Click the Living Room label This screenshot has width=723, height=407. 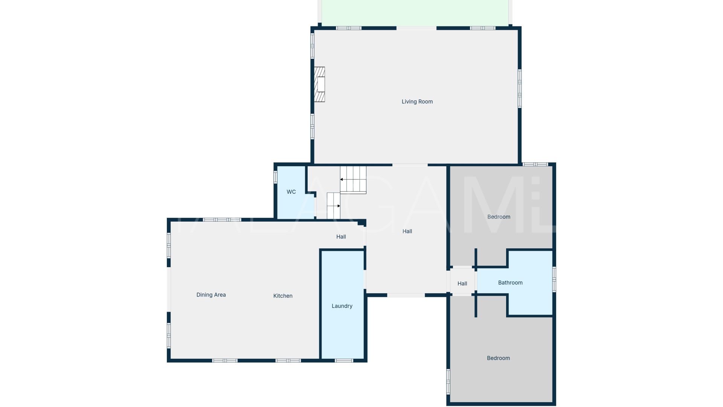tap(417, 102)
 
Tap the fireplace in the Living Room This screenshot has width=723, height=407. tap(319, 84)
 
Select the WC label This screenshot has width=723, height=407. tap(291, 192)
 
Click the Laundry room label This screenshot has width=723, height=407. tap(342, 306)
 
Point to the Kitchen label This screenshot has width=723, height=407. tap(283, 296)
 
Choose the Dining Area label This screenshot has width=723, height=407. tap(211, 295)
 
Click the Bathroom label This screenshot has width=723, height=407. tap(510, 283)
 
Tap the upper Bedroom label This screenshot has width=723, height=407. tap(499, 217)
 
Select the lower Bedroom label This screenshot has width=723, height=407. tap(498, 358)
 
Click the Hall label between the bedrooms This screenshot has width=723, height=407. tap(462, 284)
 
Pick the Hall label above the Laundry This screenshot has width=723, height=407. tap(341, 237)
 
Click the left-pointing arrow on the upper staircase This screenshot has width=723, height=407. tap(341, 179)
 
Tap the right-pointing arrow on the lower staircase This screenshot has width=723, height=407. tap(339, 206)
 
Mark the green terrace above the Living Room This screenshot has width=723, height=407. tap(415, 13)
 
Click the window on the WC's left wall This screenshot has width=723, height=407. tap(275, 177)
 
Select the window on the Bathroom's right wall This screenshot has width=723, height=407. tap(554, 279)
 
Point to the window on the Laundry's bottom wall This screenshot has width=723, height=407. tap(344, 361)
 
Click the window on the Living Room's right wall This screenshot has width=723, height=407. tap(520, 89)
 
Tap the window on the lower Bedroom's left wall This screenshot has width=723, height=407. tap(448, 381)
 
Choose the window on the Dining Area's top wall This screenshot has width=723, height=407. tap(222, 220)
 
